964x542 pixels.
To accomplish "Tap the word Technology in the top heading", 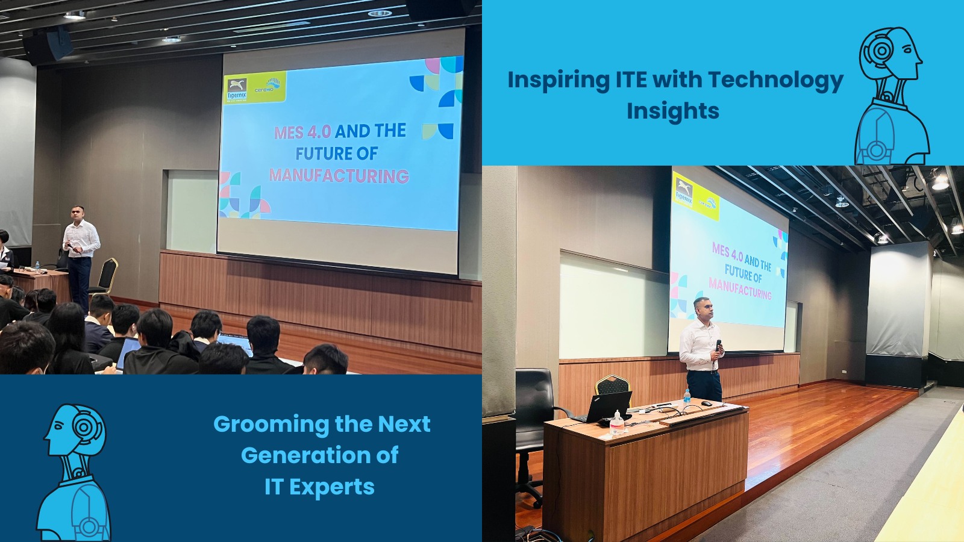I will [x=775, y=81].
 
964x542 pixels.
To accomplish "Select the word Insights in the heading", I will [x=673, y=111].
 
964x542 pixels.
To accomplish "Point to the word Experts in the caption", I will [x=332, y=487].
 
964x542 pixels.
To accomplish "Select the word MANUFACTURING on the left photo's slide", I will [x=339, y=176].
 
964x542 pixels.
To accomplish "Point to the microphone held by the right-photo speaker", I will [x=718, y=346].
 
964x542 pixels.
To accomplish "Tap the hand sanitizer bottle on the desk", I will [x=616, y=423].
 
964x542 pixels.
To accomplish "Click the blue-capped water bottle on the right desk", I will [x=687, y=396].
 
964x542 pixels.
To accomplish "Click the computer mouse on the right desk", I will [x=706, y=403].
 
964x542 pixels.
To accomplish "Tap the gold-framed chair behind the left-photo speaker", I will [x=107, y=276].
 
